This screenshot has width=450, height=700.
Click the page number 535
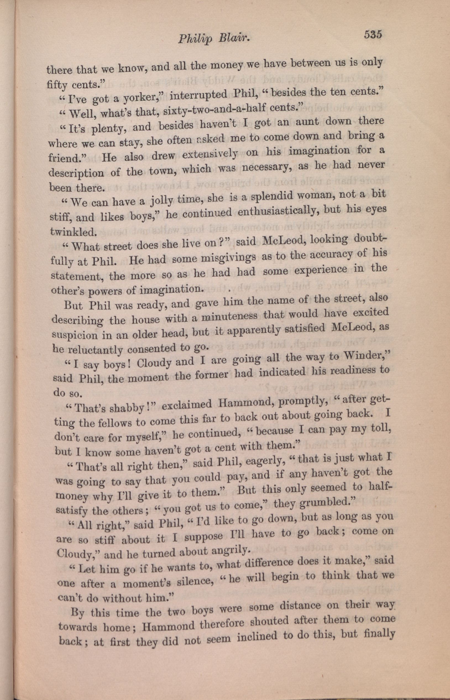(373, 35)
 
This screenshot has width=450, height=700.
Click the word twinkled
(73, 232)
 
